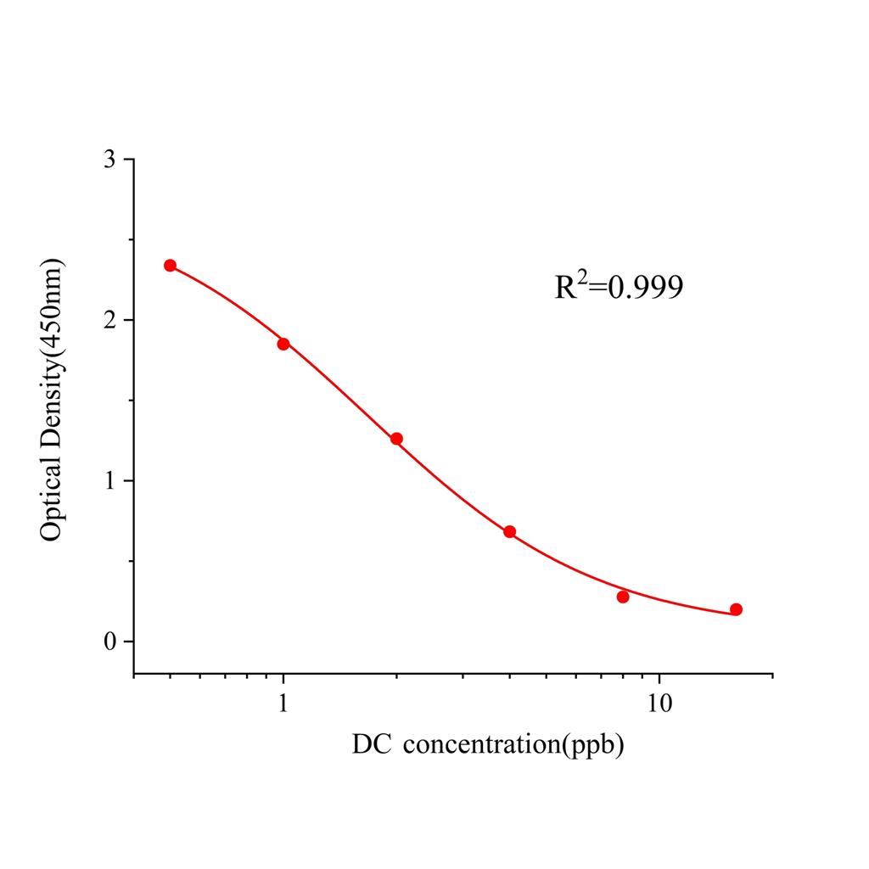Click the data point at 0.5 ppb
[x=170, y=266]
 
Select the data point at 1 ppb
[x=283, y=344]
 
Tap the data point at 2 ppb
[x=396, y=439]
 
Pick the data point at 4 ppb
[x=509, y=532]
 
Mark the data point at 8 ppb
[x=623, y=597]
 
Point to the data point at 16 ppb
[x=736, y=609]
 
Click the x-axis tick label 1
[x=283, y=704]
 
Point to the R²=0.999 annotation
[x=619, y=288]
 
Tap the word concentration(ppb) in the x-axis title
[x=514, y=746]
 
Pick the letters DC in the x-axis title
[x=372, y=746]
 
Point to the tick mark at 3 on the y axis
[x=127, y=160]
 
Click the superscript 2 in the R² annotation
[x=583, y=278]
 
